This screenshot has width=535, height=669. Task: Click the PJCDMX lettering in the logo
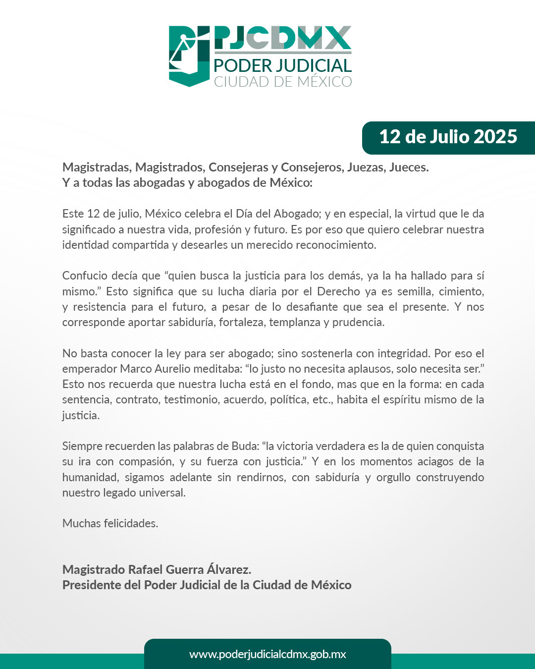[x=282, y=38]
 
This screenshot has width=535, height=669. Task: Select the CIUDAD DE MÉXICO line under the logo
[x=282, y=82]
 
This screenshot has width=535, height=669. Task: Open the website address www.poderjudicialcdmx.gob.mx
[x=267, y=654]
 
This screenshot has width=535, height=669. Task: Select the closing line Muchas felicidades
[x=110, y=524]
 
